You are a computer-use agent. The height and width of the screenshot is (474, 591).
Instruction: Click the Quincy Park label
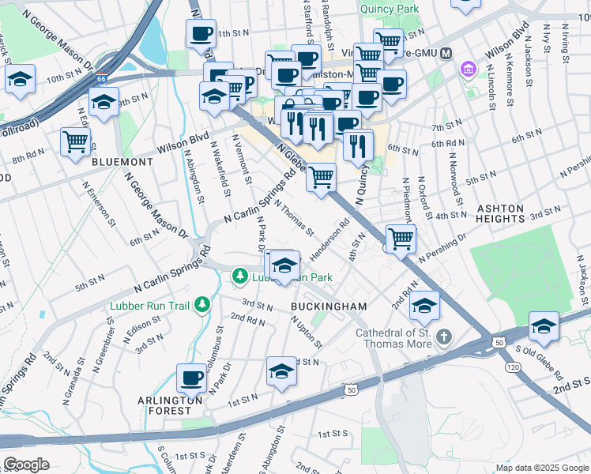coord(388,9)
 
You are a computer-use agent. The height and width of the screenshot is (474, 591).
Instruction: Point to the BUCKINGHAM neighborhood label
coord(329,306)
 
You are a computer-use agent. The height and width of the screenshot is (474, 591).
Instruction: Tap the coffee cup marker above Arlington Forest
coord(190,378)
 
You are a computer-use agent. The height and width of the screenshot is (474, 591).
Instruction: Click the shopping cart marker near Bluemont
coord(75,142)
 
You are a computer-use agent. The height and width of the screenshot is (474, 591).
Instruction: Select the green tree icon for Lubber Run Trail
coord(203,303)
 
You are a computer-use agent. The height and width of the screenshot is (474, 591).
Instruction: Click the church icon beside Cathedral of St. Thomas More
coord(444,337)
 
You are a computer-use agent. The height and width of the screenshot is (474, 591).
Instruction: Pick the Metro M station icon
coord(446,53)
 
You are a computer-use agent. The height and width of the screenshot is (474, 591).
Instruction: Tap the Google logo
coord(26,464)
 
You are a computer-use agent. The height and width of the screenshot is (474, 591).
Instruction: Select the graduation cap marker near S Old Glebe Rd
coord(543,325)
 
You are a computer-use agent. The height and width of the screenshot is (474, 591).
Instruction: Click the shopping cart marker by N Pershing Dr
coord(401,237)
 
